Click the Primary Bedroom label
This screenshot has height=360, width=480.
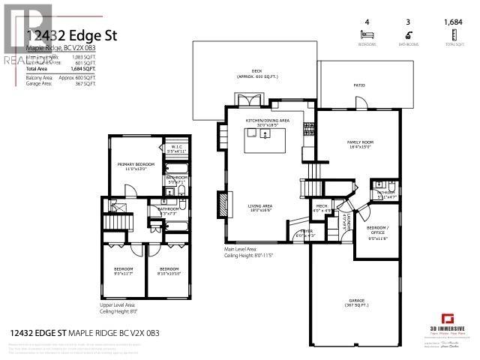[x=135, y=165]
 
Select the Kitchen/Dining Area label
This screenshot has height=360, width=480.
[x=268, y=122]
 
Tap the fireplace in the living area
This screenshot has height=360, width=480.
[x=223, y=205]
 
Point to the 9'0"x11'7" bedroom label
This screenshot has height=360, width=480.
[x=124, y=271]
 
